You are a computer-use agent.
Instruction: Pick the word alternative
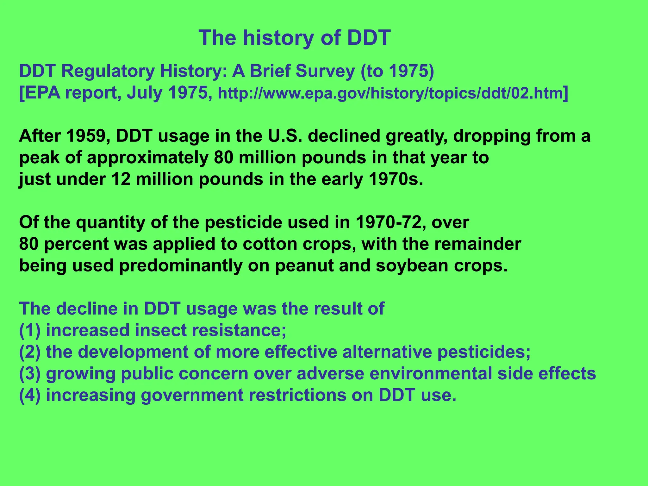pos(387,352)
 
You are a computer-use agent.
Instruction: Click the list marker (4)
pos(30,395)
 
